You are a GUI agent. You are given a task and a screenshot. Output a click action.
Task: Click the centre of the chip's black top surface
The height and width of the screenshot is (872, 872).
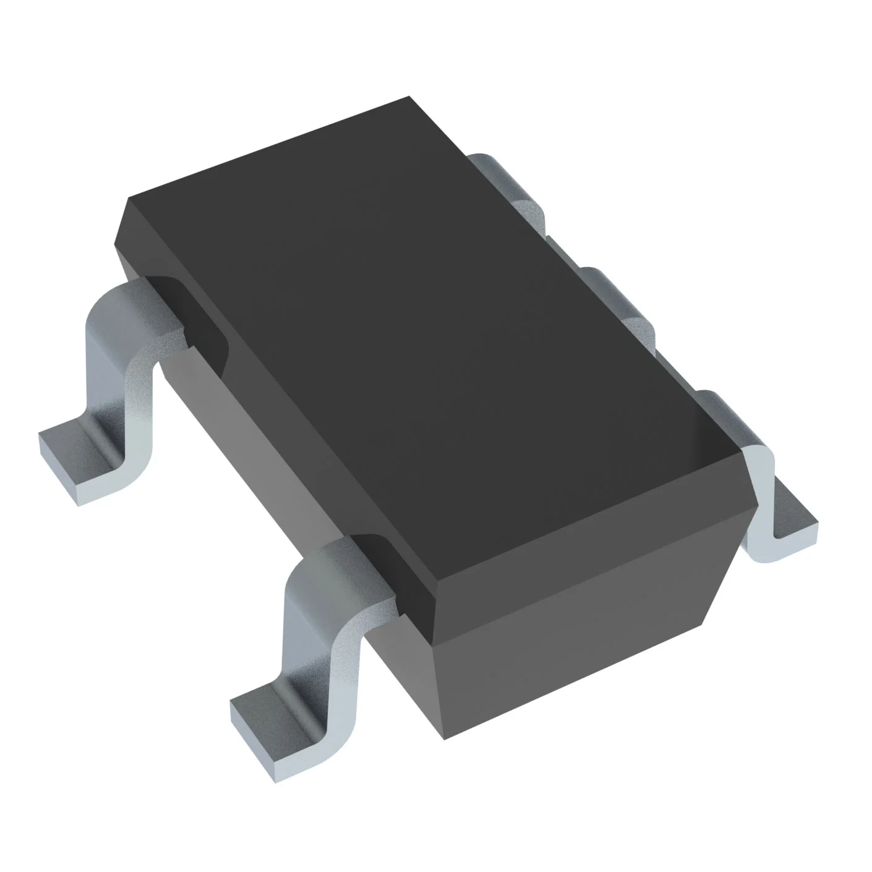pyautogui.click(x=427, y=346)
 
